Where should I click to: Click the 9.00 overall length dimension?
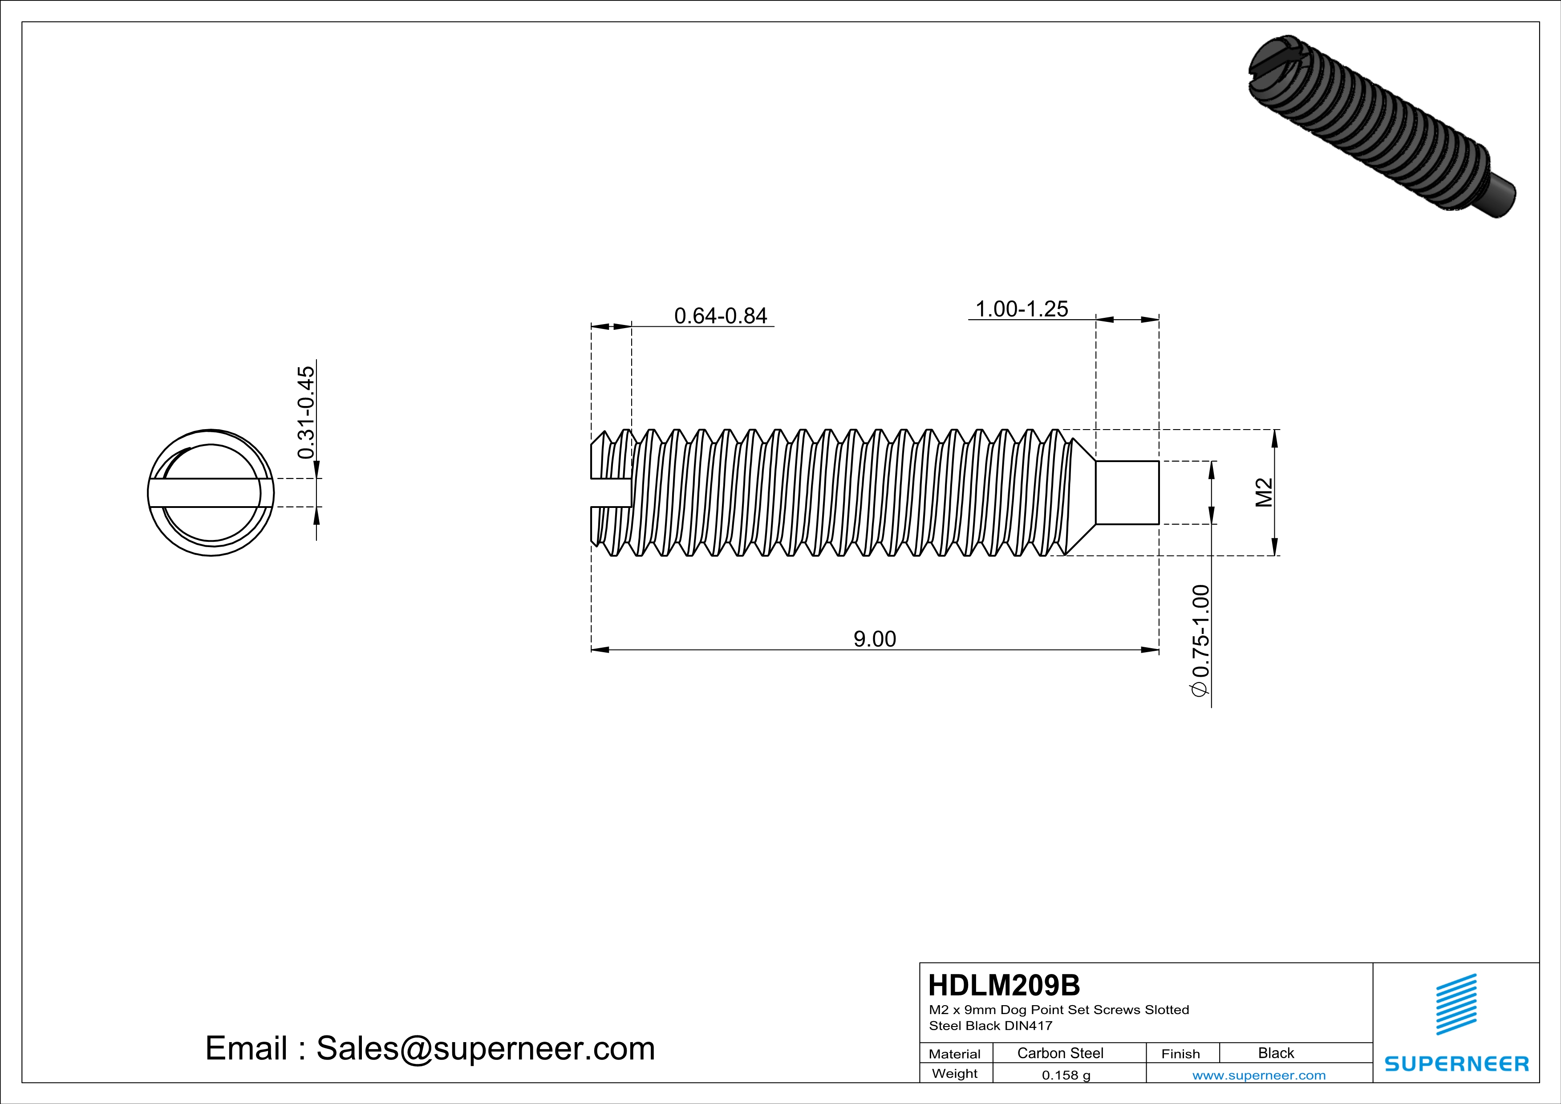pos(874,639)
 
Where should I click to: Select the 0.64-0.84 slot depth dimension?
pos(720,316)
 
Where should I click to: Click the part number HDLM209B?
pos(1003,985)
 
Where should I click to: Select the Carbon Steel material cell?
pos(1060,1053)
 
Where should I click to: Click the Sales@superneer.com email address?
pos(486,1048)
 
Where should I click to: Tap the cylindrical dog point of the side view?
pos(1127,492)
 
